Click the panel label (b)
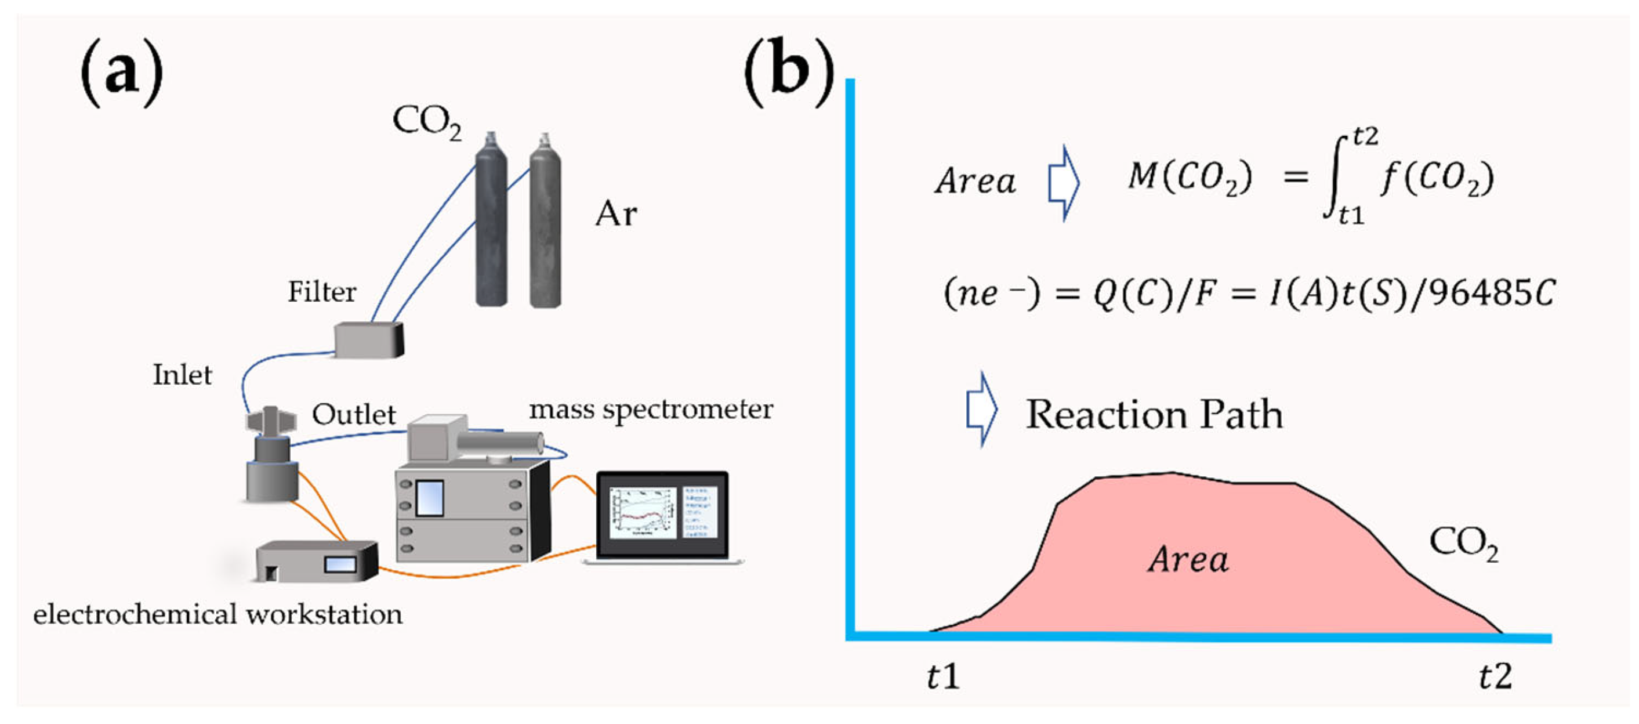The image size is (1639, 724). (x=788, y=72)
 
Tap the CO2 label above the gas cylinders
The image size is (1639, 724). (x=426, y=121)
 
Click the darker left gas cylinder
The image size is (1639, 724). (x=491, y=223)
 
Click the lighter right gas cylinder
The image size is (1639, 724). (x=545, y=223)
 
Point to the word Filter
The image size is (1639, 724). (x=321, y=292)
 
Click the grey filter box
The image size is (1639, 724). (x=368, y=339)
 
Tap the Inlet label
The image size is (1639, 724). (x=182, y=375)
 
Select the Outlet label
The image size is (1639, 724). (x=354, y=415)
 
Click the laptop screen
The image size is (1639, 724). (x=662, y=512)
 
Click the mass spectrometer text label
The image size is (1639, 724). (x=651, y=409)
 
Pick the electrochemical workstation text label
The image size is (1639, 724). (x=217, y=614)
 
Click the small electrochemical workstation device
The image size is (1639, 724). (x=316, y=562)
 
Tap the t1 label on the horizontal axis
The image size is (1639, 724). (x=942, y=676)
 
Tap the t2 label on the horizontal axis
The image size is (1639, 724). (x=1495, y=676)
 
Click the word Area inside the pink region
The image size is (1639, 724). (x=1188, y=560)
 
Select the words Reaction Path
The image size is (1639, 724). (x=1154, y=415)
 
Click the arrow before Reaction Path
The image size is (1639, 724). (x=982, y=410)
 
